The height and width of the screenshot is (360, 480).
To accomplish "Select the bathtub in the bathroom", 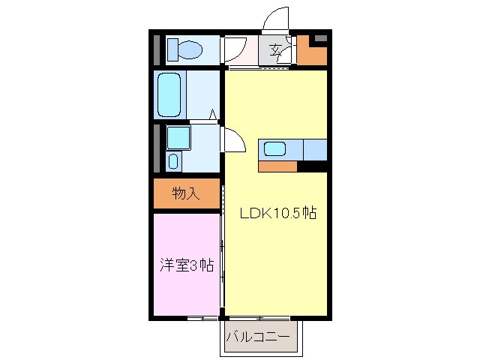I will (170, 95).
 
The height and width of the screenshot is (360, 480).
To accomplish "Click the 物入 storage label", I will (186, 194).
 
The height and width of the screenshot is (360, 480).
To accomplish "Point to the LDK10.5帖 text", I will (277, 213).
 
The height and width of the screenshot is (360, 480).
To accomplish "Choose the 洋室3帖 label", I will (186, 265).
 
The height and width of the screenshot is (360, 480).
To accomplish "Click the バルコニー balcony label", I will (257, 337).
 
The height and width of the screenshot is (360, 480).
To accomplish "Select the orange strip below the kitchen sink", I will (278, 166).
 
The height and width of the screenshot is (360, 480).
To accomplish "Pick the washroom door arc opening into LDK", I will (234, 139).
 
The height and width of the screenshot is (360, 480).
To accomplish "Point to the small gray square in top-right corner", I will (320, 37).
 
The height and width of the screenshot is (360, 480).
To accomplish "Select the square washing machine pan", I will (178, 137).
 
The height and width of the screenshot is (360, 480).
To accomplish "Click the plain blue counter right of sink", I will (316, 149).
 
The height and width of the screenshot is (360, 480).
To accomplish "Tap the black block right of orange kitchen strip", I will (313, 166).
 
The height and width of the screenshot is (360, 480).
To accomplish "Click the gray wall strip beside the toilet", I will (157, 49).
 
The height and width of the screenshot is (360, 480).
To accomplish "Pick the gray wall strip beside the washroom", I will (157, 148).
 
